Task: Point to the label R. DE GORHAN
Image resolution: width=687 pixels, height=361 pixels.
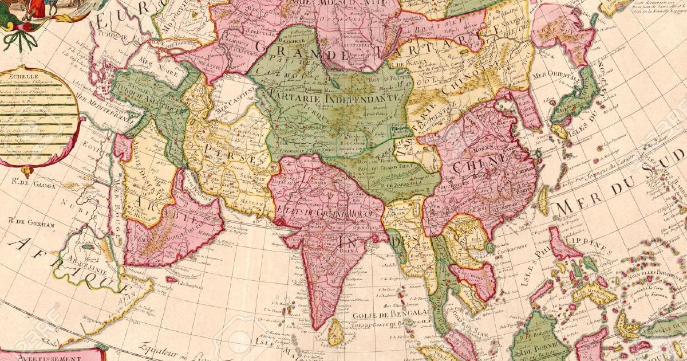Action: [x=31, y=224]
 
